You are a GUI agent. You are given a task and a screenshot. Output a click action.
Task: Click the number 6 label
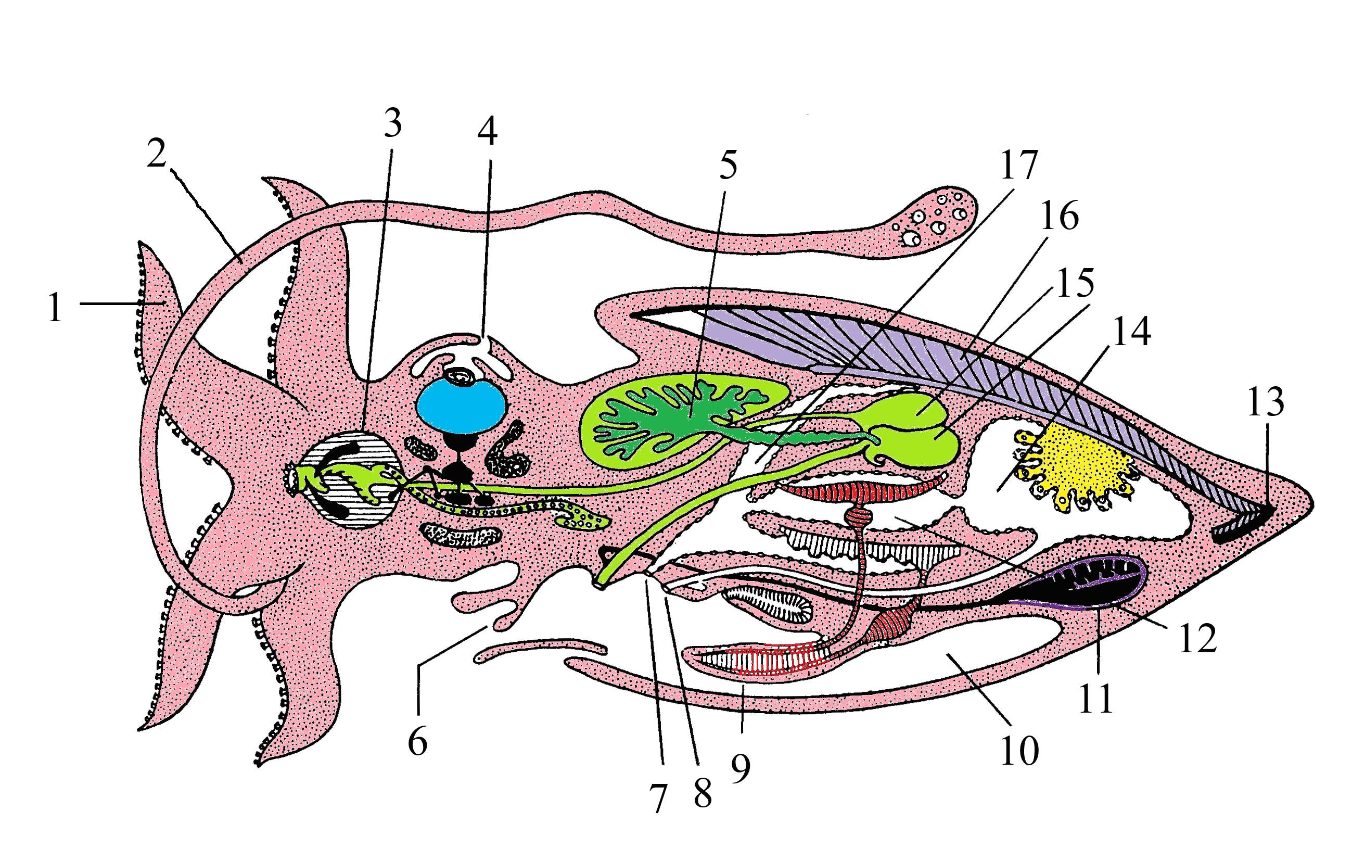click(417, 741)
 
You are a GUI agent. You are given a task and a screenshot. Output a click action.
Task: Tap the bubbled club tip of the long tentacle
click(935, 219)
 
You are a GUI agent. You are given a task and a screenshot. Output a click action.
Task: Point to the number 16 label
click(1060, 216)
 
